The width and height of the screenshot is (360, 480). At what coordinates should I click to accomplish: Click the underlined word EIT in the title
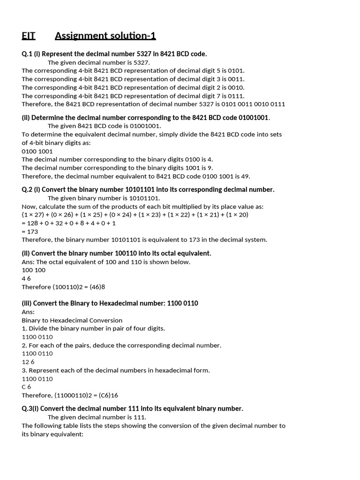coord(29,36)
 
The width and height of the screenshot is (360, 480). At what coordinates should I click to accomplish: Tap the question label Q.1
coord(28,54)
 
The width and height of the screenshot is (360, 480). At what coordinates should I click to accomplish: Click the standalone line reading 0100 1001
coord(37,151)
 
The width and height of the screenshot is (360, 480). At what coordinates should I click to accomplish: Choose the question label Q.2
coord(28,189)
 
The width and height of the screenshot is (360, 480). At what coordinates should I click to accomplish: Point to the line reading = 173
coord(30,231)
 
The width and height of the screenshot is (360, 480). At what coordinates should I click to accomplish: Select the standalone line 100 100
coord(34,270)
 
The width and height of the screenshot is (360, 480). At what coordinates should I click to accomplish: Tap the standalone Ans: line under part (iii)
coord(28,312)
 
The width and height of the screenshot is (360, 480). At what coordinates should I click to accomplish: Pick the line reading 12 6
coord(28,362)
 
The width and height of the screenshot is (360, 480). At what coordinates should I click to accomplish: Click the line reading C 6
coord(27,387)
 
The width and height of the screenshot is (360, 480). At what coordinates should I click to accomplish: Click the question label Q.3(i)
coord(33,408)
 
